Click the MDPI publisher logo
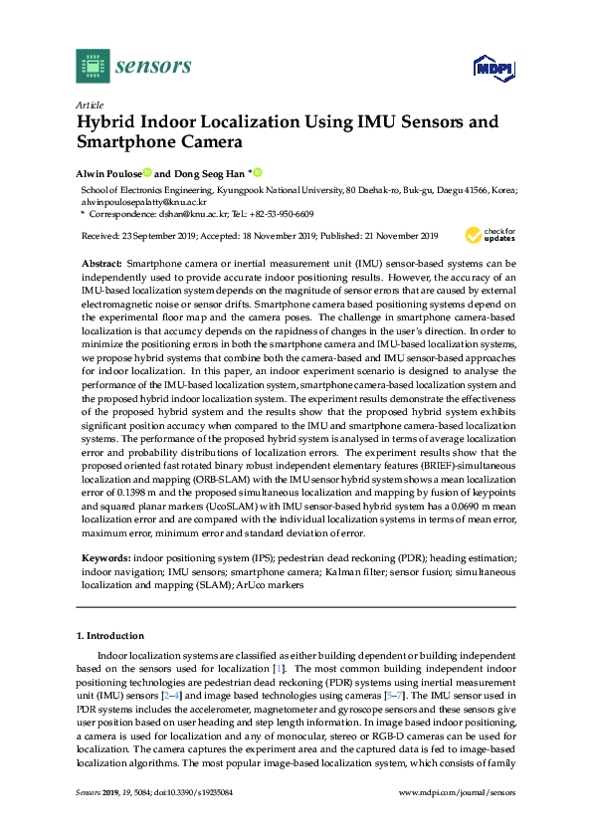[492, 68]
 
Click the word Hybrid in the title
[110, 122]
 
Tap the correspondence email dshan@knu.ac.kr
[203, 213]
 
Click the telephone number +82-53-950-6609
[284, 213]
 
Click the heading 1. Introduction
[109, 635]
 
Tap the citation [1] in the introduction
[279, 669]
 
